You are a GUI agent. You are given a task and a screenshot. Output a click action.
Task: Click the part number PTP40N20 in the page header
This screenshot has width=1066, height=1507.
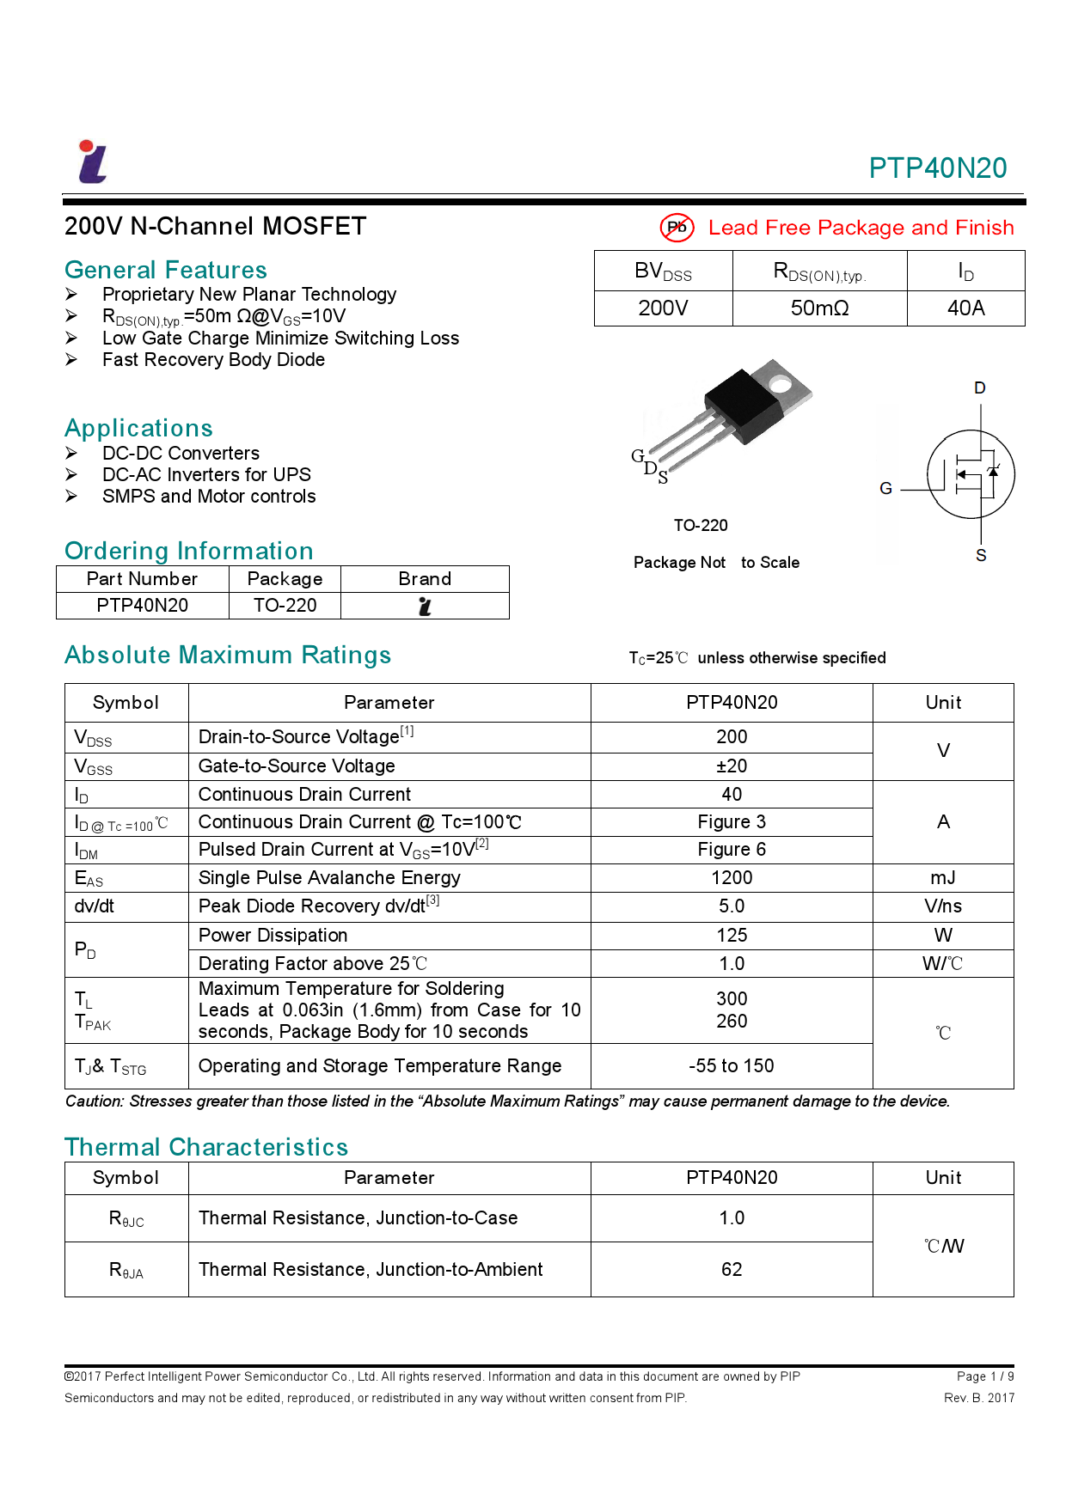point(937,168)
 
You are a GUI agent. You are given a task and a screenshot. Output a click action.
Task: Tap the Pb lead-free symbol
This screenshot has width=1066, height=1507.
point(677,228)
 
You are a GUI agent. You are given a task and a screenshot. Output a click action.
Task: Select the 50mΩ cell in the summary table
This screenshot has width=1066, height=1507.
point(819,308)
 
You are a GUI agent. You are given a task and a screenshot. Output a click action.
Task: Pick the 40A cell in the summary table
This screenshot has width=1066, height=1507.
point(965,308)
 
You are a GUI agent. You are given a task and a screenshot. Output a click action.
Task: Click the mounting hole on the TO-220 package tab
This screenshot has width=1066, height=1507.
point(780,383)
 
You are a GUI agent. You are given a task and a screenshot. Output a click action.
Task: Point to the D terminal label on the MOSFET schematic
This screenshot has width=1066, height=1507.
point(979,388)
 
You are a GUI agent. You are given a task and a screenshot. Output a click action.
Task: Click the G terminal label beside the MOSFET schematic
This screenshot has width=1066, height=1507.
point(885,489)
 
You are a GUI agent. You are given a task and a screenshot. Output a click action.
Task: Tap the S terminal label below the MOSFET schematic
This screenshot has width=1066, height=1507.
point(981,556)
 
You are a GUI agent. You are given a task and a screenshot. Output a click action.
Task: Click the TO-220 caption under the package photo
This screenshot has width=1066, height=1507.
point(700,526)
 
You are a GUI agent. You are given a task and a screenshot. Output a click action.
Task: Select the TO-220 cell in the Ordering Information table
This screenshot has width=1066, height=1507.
point(285,606)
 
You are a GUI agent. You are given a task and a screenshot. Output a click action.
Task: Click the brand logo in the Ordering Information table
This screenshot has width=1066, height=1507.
point(425,607)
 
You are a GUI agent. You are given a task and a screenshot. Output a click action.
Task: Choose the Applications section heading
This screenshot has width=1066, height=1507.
point(138,428)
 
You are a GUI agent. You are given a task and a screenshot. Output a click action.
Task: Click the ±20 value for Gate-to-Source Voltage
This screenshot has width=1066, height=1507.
point(732,766)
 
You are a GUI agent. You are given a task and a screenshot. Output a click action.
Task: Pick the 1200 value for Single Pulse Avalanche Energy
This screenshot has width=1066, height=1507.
point(732,878)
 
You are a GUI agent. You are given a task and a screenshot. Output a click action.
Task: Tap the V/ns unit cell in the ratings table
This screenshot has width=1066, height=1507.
point(943,906)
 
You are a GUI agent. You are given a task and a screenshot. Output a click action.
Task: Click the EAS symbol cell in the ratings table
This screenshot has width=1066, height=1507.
point(89,879)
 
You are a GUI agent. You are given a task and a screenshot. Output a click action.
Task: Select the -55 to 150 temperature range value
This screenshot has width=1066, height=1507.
point(732,1066)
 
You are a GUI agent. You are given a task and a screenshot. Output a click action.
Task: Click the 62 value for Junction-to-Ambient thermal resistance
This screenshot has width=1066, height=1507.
point(732,1270)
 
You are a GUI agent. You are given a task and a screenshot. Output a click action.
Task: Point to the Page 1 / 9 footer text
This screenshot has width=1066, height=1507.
point(984,1376)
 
